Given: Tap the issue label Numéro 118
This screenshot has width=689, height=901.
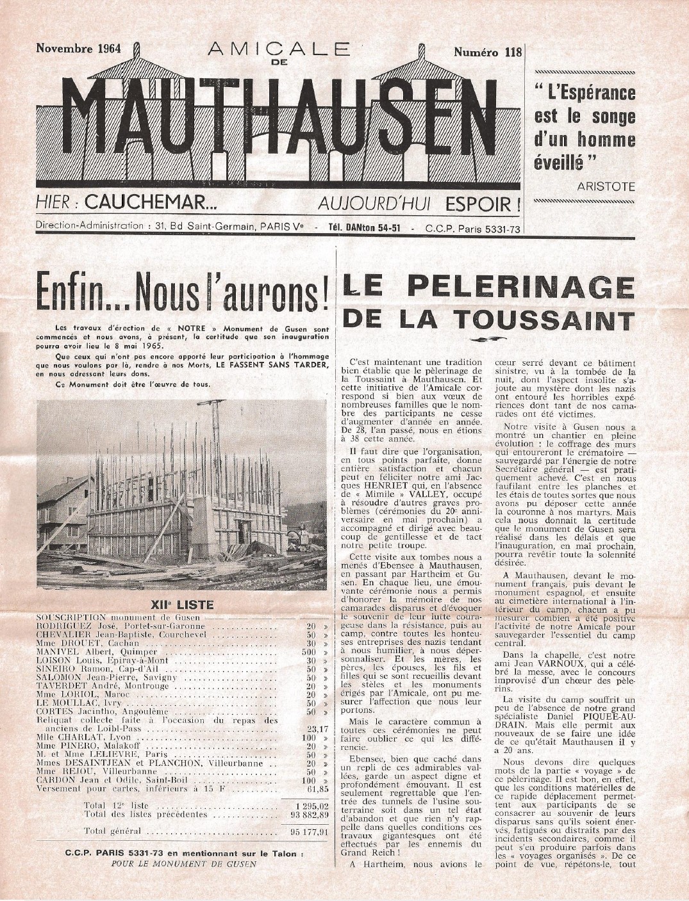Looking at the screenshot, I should (488, 52).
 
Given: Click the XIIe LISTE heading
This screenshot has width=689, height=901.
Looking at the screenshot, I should (181, 603).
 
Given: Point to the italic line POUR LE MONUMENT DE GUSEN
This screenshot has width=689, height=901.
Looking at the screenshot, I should (183, 863).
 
